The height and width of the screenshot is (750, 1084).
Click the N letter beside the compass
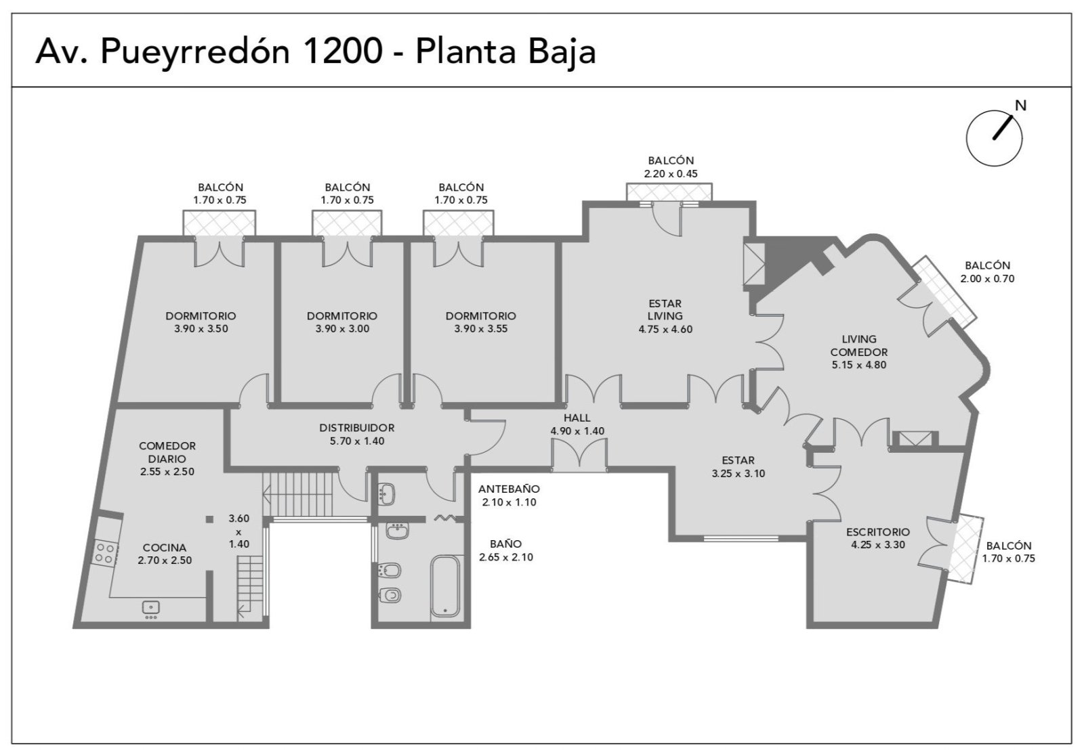pyautogui.click(x=1020, y=106)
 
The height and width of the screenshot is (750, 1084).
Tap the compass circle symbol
pyautogui.click(x=994, y=138)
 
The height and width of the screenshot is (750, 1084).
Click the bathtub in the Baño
pyautogui.click(x=444, y=586)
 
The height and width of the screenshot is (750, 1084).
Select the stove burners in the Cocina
pyautogui.click(x=106, y=553)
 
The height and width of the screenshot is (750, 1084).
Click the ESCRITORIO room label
pyautogui.click(x=878, y=532)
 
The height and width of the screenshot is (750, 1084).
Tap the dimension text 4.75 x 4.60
pyautogui.click(x=665, y=329)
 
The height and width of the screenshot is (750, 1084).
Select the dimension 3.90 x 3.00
pyautogui.click(x=342, y=329)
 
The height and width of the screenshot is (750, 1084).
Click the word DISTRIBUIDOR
pyautogui.click(x=356, y=428)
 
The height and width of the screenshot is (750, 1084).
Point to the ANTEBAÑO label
pyautogui.click(x=509, y=489)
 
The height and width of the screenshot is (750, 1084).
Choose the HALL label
pyautogui.click(x=577, y=418)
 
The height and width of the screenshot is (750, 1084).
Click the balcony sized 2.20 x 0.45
pyautogui.click(x=669, y=192)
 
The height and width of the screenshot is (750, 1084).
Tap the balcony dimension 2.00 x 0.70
pyautogui.click(x=987, y=278)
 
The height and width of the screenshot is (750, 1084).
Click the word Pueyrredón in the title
pyautogui.click(x=194, y=52)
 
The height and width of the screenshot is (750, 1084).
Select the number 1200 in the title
pyautogui.click(x=342, y=51)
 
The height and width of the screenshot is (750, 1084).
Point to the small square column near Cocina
pyautogui.click(x=209, y=519)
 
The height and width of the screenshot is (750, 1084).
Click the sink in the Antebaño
pyautogui.click(x=386, y=494)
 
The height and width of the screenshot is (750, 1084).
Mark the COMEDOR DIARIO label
pyautogui.click(x=167, y=452)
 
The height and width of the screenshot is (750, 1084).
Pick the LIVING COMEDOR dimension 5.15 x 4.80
pyautogui.click(x=859, y=365)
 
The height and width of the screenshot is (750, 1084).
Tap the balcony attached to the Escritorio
pyautogui.click(x=965, y=549)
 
